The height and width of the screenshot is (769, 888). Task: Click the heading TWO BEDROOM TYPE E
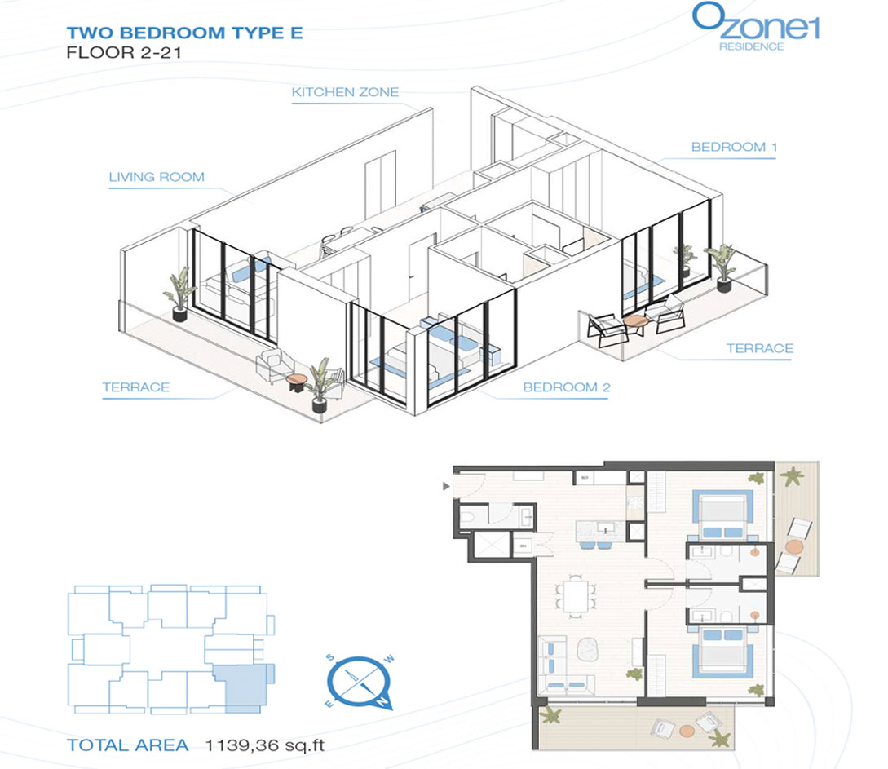click(x=184, y=33)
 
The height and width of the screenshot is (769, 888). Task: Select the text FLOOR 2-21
click(x=124, y=53)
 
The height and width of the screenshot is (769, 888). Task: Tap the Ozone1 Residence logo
click(x=755, y=27)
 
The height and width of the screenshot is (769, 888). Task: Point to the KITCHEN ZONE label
click(x=345, y=92)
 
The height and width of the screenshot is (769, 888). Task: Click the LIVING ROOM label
click(x=157, y=177)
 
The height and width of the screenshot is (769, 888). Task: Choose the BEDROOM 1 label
click(x=734, y=148)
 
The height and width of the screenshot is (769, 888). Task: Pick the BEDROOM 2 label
click(x=567, y=387)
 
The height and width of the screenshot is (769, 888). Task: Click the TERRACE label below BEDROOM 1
click(x=759, y=348)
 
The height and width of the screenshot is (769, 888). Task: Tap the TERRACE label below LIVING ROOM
click(x=136, y=387)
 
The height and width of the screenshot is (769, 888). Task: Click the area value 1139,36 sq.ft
click(x=265, y=745)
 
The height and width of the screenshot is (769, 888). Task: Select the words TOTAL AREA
click(x=127, y=745)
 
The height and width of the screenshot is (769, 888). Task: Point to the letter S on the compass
click(x=330, y=658)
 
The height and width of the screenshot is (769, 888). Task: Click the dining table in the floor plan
click(x=577, y=596)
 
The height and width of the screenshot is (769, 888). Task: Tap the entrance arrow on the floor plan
click(x=446, y=486)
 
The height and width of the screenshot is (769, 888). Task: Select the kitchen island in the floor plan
click(x=599, y=531)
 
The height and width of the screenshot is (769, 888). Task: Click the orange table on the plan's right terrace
click(x=794, y=547)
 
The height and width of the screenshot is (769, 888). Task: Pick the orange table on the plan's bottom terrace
click(x=687, y=731)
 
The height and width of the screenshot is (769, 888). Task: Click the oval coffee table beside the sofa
click(x=586, y=649)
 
